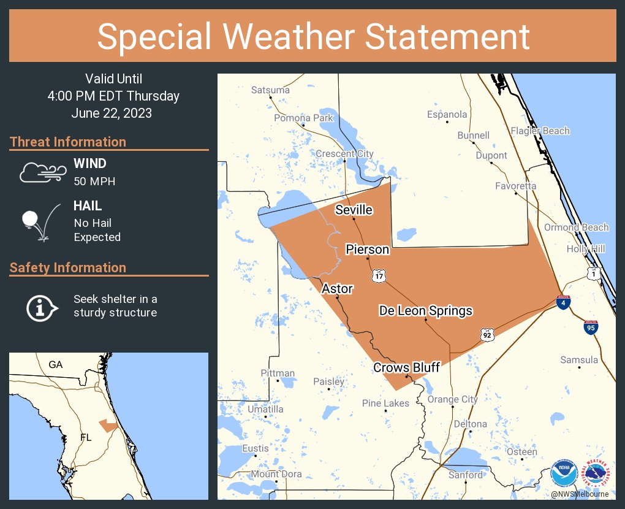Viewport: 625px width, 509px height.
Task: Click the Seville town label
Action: click(354, 210)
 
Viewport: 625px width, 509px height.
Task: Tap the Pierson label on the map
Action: click(367, 249)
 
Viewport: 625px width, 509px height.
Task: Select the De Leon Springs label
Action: click(425, 310)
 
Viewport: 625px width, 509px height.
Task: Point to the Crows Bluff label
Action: click(407, 367)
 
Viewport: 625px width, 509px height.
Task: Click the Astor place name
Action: click(337, 288)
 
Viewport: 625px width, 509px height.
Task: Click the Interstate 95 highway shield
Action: click(591, 327)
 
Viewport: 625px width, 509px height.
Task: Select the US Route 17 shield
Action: click(378, 276)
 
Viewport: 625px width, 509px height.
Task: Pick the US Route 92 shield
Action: click(487, 334)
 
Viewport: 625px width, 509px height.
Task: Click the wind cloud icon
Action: click(42, 172)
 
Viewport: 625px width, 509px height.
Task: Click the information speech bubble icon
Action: click(41, 307)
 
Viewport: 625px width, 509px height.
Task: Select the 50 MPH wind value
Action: click(94, 182)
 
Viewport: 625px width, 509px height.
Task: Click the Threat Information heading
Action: click(68, 142)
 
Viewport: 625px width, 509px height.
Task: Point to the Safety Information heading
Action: click(68, 267)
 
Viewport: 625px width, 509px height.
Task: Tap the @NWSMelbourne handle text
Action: click(579, 494)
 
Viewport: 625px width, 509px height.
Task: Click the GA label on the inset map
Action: click(56, 364)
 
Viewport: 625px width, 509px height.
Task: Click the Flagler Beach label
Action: click(540, 131)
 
